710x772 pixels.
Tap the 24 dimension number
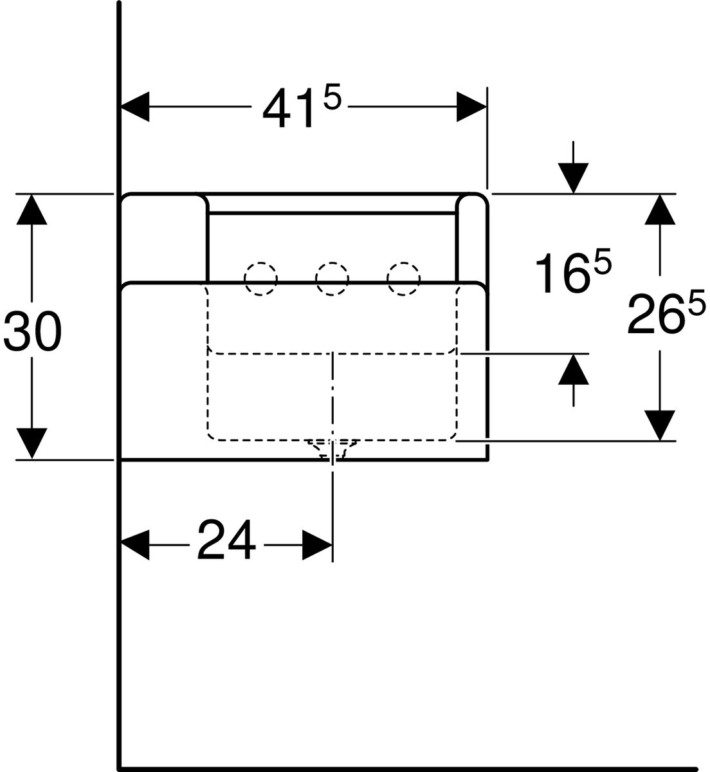coord(226,539)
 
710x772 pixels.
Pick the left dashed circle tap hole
coord(260,279)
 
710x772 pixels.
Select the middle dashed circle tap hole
coord(332,279)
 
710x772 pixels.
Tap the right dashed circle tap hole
coord(404,279)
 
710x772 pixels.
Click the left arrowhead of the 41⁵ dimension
coord(135,107)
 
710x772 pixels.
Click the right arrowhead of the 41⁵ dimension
coord(471,107)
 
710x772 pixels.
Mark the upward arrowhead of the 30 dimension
coord(32,209)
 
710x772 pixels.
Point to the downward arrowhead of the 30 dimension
coord(32,443)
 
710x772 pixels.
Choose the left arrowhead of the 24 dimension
coord(135,545)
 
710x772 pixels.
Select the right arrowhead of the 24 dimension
coord(317,545)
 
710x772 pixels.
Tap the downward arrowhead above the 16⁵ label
coord(574,178)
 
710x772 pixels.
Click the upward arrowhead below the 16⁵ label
coord(574,369)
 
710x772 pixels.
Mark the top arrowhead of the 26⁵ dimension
coord(660,209)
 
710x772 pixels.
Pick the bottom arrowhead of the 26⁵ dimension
coord(660,425)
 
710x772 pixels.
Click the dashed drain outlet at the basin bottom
coord(332,449)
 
